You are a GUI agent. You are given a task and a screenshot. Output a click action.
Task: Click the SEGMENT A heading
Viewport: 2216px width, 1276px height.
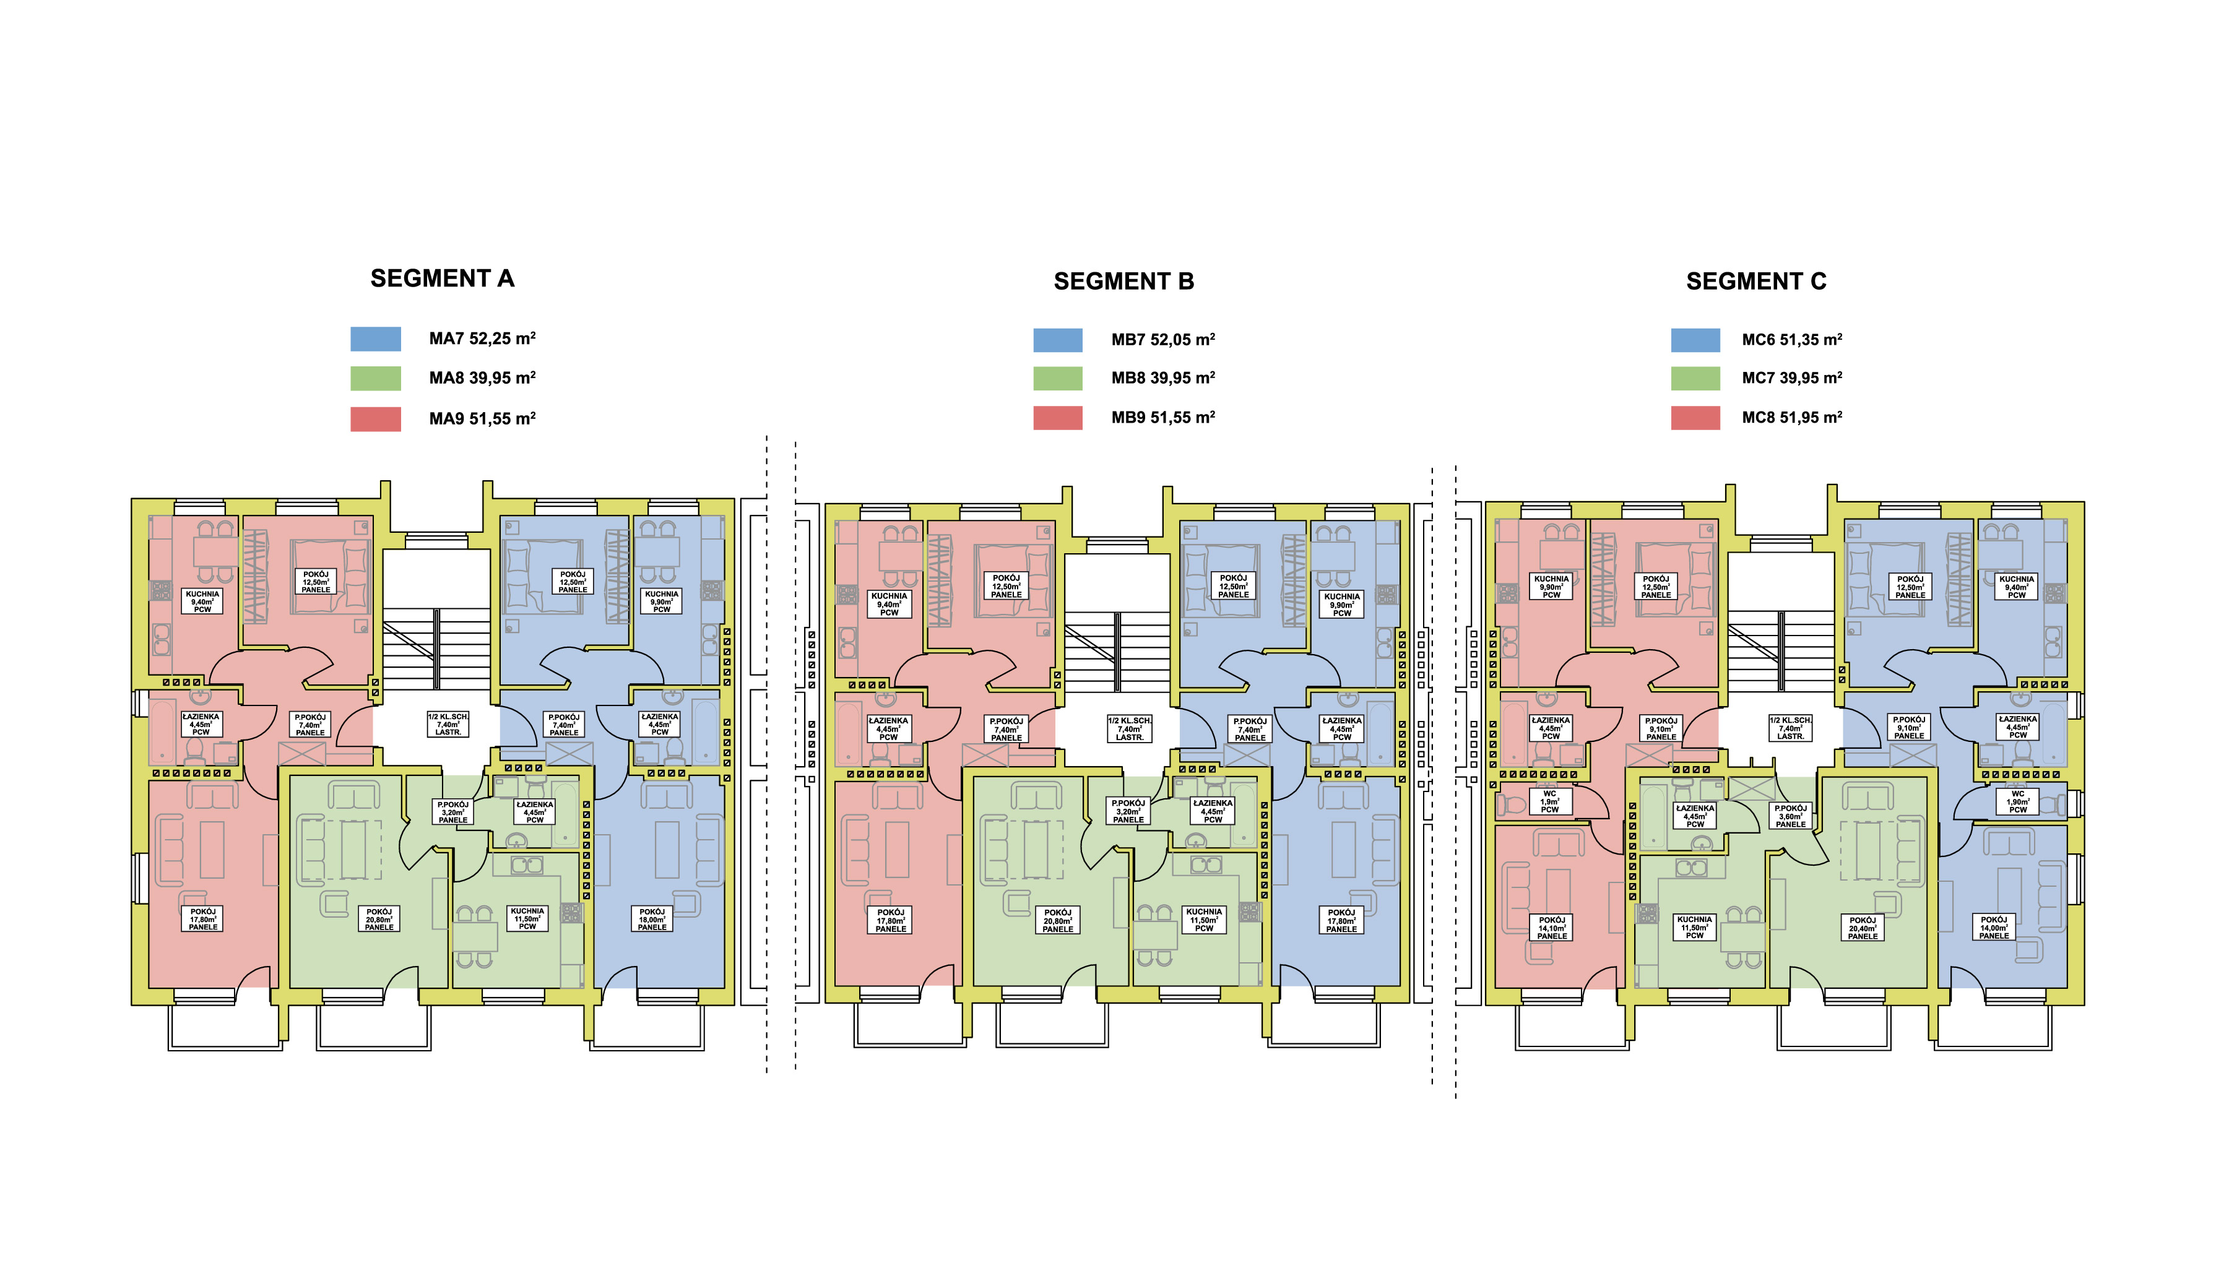pos(442,278)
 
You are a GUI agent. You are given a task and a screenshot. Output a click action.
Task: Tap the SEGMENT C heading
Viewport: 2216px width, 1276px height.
pos(1756,282)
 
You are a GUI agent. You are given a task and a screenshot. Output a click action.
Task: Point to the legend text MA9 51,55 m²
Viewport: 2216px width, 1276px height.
pos(482,419)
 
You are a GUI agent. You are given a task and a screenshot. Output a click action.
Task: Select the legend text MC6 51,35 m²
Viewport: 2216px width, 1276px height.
pos(1792,340)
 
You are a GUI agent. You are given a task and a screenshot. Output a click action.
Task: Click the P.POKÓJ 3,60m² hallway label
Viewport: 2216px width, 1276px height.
pos(1790,816)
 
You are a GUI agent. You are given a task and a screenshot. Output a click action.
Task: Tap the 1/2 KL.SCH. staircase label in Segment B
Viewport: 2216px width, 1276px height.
pos(1129,728)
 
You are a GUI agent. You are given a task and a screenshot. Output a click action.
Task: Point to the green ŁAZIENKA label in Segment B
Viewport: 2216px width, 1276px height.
pos(1213,811)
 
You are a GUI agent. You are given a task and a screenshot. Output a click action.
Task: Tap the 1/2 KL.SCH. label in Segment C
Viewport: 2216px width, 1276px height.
pos(1790,728)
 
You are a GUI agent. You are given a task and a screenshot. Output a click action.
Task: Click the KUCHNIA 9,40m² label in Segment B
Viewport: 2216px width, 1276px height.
pos(889,604)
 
